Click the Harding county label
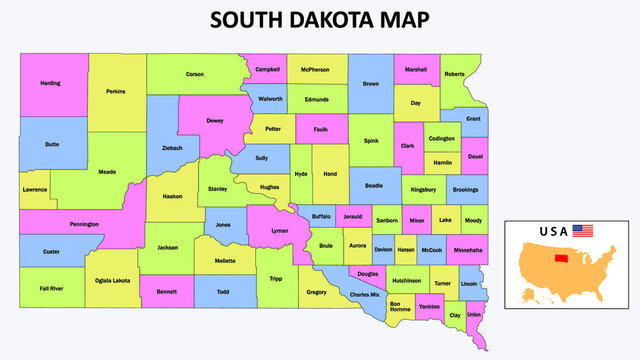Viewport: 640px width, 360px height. pos(50,83)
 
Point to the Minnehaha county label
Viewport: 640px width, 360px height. pos(467,249)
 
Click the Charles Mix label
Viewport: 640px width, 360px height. pos(365,295)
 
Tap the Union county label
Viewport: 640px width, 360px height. pos(474,316)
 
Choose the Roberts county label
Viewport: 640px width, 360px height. pos(454,73)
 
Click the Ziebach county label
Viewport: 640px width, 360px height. pos(172,147)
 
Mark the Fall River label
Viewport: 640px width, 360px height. pos(51,288)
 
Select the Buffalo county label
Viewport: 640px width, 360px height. pos(321,216)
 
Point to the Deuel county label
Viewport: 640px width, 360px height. pos(474,156)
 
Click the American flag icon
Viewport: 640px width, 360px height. pos(583,231)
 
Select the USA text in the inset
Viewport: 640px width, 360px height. pos(554,231)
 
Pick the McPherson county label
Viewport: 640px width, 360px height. pos(317,70)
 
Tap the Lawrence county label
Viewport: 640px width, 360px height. pos(35,189)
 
